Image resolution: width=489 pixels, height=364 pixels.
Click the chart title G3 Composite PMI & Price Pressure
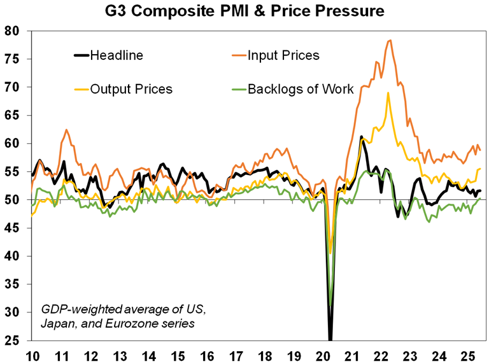244,11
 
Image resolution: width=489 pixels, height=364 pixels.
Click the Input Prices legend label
283,55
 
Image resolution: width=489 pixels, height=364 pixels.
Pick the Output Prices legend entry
131,88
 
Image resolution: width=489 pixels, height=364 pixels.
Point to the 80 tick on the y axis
13,31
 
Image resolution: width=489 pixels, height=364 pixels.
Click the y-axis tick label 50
13,200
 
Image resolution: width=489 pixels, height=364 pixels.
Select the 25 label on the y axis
13,340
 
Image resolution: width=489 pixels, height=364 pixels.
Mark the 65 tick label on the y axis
13,115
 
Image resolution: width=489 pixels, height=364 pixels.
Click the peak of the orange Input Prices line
390,40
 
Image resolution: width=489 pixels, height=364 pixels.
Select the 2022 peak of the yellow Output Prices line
388,93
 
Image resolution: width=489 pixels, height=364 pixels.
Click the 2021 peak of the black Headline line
361,136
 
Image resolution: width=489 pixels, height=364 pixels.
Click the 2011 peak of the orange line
66,130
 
